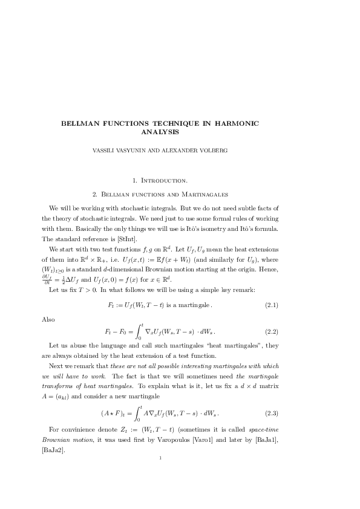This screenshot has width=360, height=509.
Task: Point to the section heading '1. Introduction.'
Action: tap(160, 180)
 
